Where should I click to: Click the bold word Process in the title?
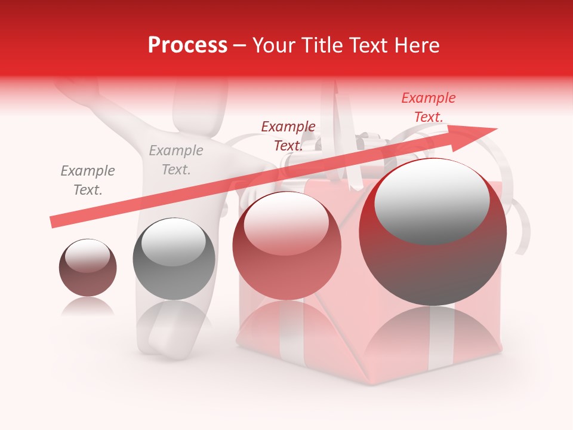pyautogui.click(x=187, y=45)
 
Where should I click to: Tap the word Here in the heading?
pyautogui.click(x=417, y=45)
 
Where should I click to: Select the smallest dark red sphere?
pyautogui.click(x=88, y=268)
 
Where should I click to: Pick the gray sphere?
pyautogui.click(x=174, y=259)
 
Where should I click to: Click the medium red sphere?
pyautogui.click(x=286, y=246)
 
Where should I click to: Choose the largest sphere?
pyautogui.click(x=433, y=233)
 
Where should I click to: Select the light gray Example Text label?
pyautogui.click(x=175, y=160)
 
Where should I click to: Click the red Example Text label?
pyautogui.click(x=428, y=107)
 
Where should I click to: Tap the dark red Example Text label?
pyautogui.click(x=288, y=136)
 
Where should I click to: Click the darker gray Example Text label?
pyautogui.click(x=88, y=180)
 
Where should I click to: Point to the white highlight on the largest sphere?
pyautogui.click(x=432, y=202)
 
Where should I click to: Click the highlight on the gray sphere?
pyautogui.click(x=173, y=241)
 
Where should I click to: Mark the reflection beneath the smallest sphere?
pyautogui.click(x=88, y=306)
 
